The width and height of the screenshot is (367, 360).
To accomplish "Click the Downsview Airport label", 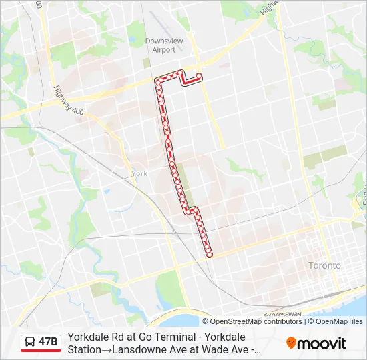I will click(163, 45).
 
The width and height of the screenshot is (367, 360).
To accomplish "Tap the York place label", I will click(139, 173).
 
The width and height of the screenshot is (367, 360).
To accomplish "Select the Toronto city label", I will click(324, 265).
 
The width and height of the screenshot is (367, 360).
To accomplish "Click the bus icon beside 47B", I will click(30, 342).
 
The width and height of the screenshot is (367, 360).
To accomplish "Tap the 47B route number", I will click(49, 342).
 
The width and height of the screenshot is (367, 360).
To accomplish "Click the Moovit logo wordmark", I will click(322, 343).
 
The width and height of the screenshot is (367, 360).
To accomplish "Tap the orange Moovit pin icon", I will click(291, 343).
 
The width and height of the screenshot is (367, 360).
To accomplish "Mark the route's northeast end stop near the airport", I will click(199, 75).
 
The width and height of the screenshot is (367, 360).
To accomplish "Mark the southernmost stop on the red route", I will click(209, 254).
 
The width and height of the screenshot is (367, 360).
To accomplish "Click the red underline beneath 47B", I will click(41, 351).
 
